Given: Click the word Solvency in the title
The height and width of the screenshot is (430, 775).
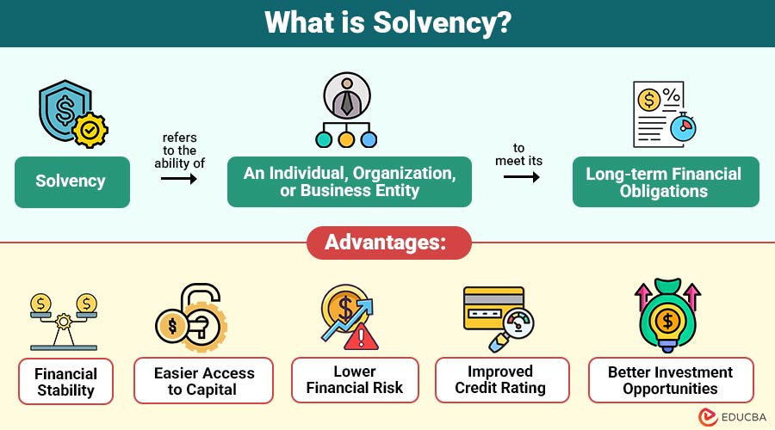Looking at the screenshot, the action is [442, 22].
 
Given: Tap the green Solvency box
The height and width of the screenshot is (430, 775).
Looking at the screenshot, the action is [72, 182].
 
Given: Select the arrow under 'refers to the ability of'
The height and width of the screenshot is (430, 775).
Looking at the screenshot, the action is [179, 178].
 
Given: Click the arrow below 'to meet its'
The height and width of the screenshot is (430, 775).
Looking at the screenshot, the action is [522, 177].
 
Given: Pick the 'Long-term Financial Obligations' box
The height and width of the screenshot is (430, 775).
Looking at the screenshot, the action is [666, 182].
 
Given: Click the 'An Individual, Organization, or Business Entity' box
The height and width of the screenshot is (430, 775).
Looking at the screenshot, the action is [350, 181].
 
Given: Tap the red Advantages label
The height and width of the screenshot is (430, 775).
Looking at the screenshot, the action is [389, 243].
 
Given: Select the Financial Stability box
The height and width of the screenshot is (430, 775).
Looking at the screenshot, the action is [65, 382].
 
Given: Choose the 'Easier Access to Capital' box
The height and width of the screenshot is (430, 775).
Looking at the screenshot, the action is [203, 381].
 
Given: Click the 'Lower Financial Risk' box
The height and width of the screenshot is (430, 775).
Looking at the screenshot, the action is [355, 380].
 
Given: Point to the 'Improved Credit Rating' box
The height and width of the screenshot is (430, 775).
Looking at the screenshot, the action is [502, 380].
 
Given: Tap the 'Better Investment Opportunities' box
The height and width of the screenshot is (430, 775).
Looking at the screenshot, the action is [671, 380].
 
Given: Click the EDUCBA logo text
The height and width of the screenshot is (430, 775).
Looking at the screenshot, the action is [744, 417].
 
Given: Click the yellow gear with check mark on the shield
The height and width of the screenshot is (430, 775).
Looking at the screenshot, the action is [90, 131].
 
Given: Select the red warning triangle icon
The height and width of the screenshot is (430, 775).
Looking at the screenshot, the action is [361, 337].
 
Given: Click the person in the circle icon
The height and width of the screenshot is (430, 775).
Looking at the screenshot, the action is [347, 95].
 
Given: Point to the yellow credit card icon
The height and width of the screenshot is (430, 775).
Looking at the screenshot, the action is [493, 308].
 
